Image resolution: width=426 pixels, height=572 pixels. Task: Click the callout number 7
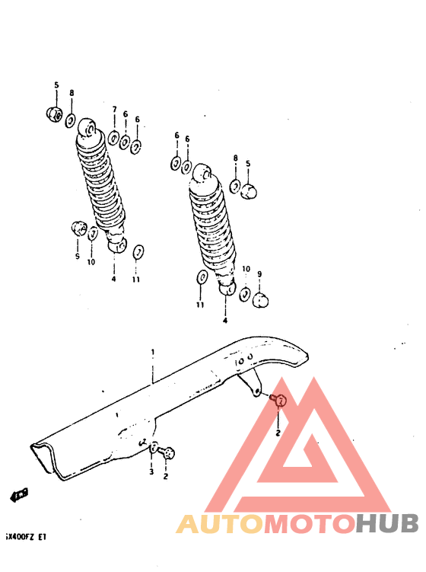pyautogui.click(x=114, y=110)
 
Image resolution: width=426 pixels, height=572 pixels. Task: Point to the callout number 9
pyautogui.click(x=259, y=274)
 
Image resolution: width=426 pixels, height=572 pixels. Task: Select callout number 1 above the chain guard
pyautogui.click(x=152, y=353)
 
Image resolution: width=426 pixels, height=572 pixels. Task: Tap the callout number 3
pyautogui.click(x=151, y=472)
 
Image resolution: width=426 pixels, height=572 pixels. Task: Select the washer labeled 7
pyautogui.click(x=113, y=138)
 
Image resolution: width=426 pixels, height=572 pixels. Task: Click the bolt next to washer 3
pyautogui.click(x=168, y=452)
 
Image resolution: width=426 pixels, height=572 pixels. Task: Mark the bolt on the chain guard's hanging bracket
pyautogui.click(x=278, y=399)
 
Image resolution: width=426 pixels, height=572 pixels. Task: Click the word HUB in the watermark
pyautogui.click(x=387, y=523)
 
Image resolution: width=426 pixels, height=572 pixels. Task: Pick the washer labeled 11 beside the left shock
pyautogui.click(x=138, y=252)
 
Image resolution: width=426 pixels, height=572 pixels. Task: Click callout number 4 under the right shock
pyautogui.click(x=225, y=321)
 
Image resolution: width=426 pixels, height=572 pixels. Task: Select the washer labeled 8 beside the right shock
pyautogui.click(x=236, y=185)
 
